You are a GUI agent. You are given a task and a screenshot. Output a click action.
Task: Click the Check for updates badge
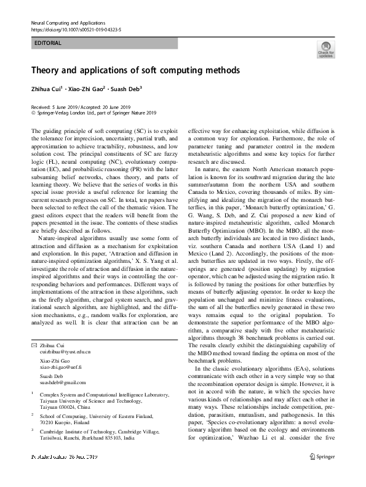[x=325, y=50]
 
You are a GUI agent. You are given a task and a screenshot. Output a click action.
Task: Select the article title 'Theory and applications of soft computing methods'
[x=135, y=70]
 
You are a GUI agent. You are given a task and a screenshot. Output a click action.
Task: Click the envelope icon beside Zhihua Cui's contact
[x=34, y=345]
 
